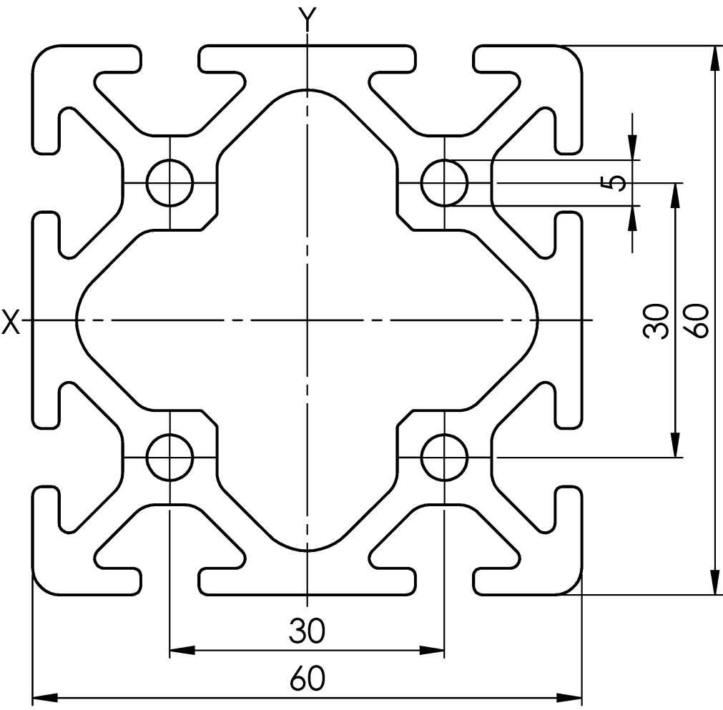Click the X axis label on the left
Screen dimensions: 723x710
click(11, 321)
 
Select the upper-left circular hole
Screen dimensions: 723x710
click(169, 182)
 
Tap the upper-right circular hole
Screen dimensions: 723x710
click(445, 182)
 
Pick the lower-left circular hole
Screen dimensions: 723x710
click(169, 458)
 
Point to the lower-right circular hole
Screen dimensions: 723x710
click(445, 458)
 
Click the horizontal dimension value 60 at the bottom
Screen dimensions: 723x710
click(307, 679)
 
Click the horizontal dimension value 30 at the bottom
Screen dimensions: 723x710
click(307, 631)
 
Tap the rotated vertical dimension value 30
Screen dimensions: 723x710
click(656, 321)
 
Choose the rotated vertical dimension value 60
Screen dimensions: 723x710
click(696, 320)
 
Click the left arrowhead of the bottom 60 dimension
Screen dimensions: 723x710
click(45, 696)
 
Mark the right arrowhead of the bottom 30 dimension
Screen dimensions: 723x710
click(432, 651)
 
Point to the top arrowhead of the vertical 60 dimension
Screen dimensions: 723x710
click(715, 58)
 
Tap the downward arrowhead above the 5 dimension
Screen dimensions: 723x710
click(632, 147)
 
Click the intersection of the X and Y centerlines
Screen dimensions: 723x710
click(307, 320)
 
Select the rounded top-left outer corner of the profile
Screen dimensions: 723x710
click(44, 56)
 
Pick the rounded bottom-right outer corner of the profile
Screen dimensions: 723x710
click(571, 583)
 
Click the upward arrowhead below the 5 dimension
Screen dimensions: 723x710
click(632, 218)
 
